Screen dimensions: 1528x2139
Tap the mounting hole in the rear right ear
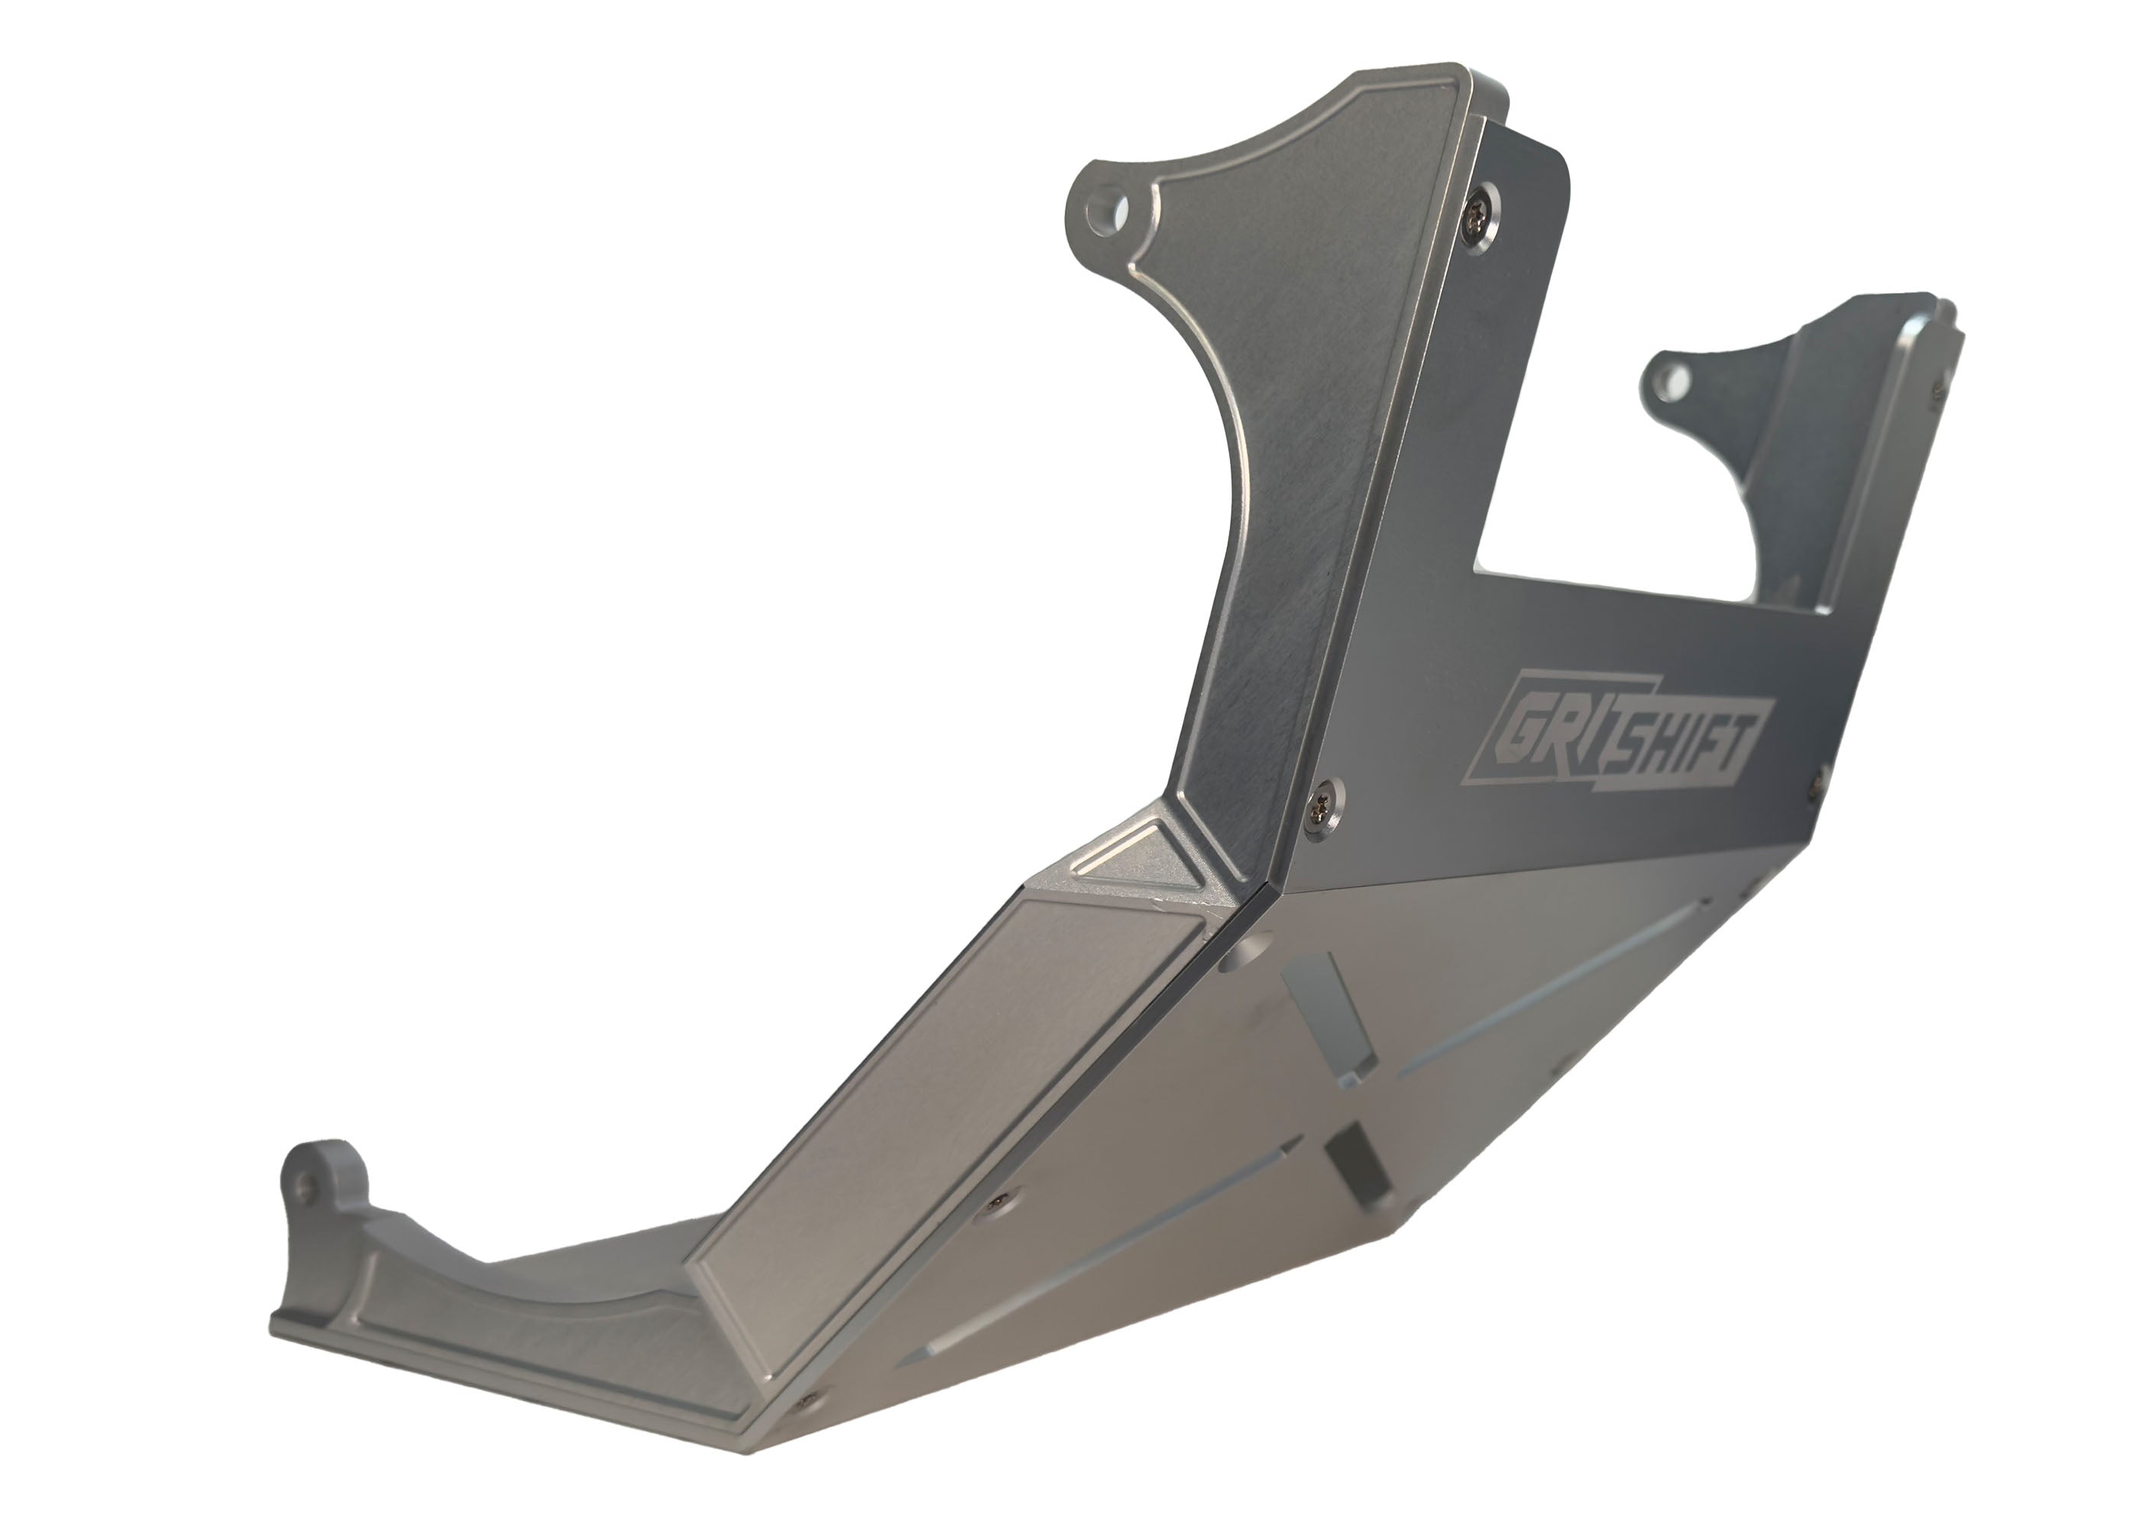tap(1671, 381)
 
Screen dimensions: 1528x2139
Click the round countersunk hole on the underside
tap(1241, 958)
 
